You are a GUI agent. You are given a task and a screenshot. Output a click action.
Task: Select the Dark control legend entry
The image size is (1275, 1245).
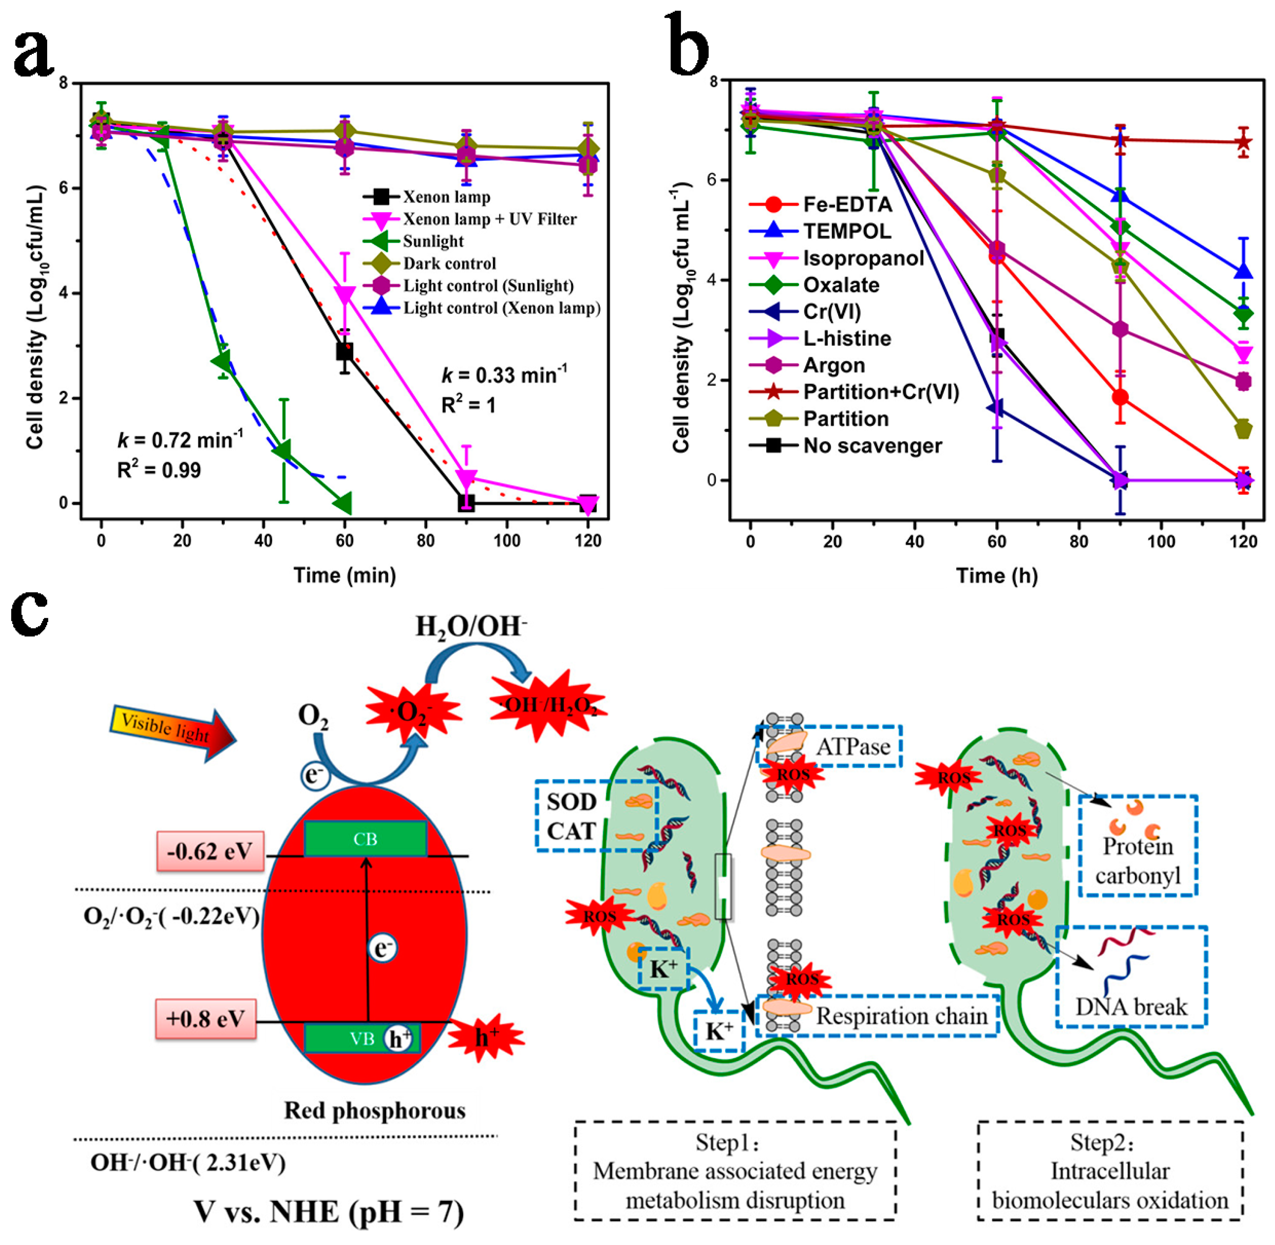[449, 264]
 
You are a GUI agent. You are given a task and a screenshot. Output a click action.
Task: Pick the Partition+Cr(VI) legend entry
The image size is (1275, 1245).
[880, 392]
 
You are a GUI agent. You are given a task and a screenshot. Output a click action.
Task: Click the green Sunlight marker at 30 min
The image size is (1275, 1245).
[222, 360]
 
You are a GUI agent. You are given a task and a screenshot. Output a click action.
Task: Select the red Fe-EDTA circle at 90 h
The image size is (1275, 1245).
[1120, 397]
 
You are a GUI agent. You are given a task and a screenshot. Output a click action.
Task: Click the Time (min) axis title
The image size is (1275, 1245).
[344, 575]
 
